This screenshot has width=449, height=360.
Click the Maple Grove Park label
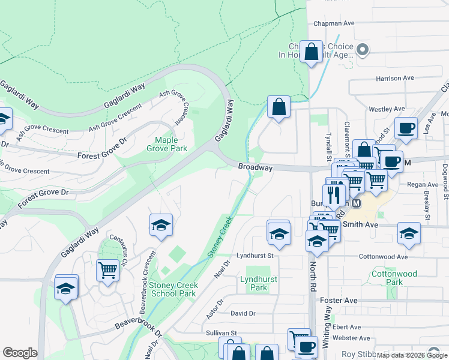tap(167, 144)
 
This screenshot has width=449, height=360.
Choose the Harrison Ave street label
tap(395, 78)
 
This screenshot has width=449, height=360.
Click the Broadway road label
tap(255, 168)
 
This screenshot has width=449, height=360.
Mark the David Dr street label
tap(243, 313)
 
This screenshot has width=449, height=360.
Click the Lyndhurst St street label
tap(255, 255)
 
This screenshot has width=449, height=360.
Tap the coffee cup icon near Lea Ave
tap(406, 128)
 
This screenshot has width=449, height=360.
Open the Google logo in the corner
tap(20, 353)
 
